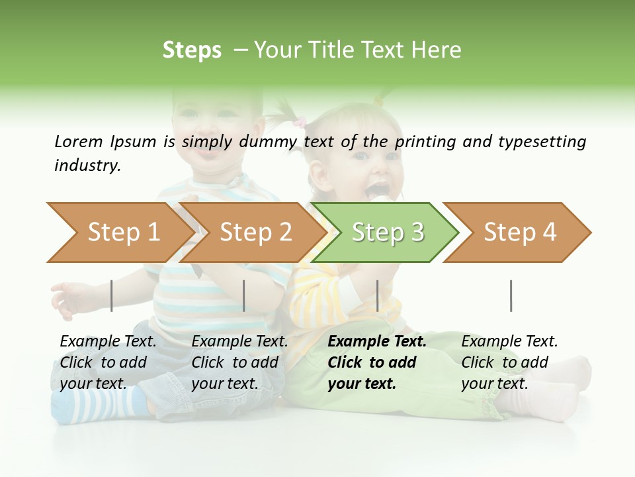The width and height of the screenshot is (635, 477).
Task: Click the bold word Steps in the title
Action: pos(192,50)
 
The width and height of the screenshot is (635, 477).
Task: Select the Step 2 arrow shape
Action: pos(255,233)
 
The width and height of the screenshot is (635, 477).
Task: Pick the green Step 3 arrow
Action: pos(388,233)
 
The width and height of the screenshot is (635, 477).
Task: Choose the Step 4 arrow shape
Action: pos(520,233)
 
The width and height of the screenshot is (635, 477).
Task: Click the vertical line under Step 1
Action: pos(112,295)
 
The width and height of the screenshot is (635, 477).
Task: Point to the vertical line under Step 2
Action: pos(244,295)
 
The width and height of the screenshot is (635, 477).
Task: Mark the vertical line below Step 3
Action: pos(377,295)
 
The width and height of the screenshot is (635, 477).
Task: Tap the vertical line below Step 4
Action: pos(511,295)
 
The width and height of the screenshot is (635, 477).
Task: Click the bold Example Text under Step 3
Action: pos(377,362)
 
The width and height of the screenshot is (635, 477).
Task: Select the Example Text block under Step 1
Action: pos(108,362)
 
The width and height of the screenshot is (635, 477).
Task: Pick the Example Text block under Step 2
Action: pos(239,362)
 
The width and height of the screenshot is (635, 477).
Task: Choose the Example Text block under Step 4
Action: pos(509,362)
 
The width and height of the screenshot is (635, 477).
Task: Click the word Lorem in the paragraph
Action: pos(78,141)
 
